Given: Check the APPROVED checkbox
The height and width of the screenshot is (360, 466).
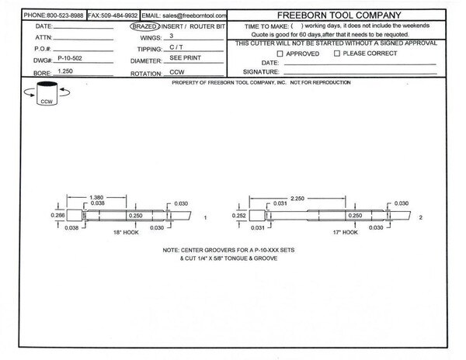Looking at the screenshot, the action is point(280,54).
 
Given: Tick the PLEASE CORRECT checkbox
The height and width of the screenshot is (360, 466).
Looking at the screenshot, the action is point(337,54).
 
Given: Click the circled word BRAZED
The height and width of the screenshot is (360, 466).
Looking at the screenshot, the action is point(144,26).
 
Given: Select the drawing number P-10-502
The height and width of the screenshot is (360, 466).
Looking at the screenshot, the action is point(70,58).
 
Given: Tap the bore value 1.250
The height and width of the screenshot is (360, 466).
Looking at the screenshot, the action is point(65,71).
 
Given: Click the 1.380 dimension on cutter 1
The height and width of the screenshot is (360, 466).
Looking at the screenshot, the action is point(96,197).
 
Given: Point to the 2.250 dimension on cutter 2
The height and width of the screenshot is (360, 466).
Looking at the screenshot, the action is point(297,199).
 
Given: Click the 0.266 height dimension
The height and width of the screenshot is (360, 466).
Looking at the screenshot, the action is point(57,215).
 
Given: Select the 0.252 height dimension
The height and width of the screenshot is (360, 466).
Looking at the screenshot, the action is point(239,216).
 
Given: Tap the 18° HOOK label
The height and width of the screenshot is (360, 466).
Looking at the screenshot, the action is point(126,233).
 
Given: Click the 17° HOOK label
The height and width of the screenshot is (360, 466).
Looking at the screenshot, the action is point(346,233).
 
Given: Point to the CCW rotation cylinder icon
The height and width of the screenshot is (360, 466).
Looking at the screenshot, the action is point(47,93).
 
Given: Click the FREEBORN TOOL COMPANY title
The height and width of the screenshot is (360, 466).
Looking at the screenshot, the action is point(339,16).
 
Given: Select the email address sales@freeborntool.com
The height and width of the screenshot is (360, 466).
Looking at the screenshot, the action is point(194,16).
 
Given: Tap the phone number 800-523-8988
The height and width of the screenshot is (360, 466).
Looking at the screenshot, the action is point(65,16).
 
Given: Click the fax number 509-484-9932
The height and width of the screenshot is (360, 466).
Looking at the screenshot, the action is point(119,16).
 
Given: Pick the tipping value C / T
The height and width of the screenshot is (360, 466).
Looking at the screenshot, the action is point(176,47).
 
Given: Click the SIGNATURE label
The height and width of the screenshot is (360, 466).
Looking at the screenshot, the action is point(261,72).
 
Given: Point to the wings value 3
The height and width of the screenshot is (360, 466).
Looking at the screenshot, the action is point(172,36).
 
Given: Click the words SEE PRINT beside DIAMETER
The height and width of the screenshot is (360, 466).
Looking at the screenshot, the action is point(185,58).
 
